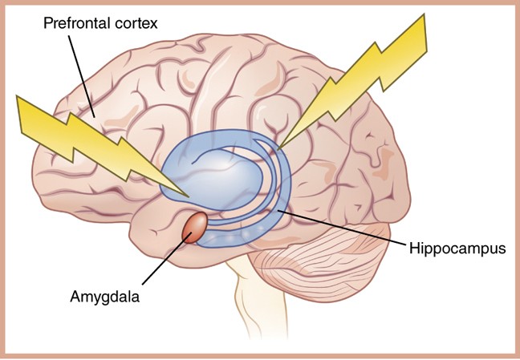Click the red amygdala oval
point(196,227)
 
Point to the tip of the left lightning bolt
point(189,195)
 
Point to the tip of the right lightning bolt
point(278,149)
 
